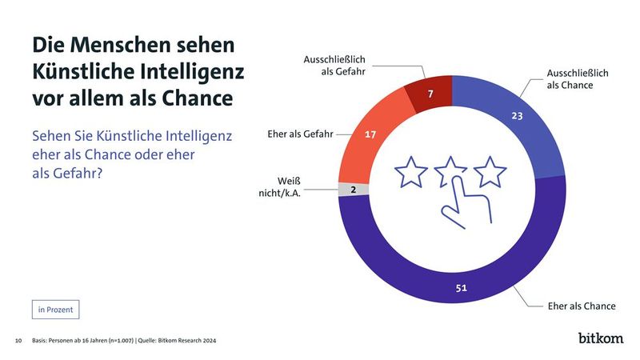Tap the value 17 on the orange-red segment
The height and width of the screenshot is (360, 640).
click(370, 134)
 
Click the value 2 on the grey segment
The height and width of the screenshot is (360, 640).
click(353, 189)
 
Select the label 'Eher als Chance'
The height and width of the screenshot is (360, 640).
click(581, 306)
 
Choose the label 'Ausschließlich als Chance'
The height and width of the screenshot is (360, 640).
click(577, 78)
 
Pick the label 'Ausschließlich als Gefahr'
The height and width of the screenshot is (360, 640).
click(334, 65)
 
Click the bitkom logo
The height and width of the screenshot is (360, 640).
click(601, 338)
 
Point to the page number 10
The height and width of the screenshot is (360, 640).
click(18, 341)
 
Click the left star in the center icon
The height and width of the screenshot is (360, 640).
click(412, 170)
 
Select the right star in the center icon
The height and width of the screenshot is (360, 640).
click(490, 170)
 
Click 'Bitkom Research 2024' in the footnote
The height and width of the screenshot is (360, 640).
click(189, 341)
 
